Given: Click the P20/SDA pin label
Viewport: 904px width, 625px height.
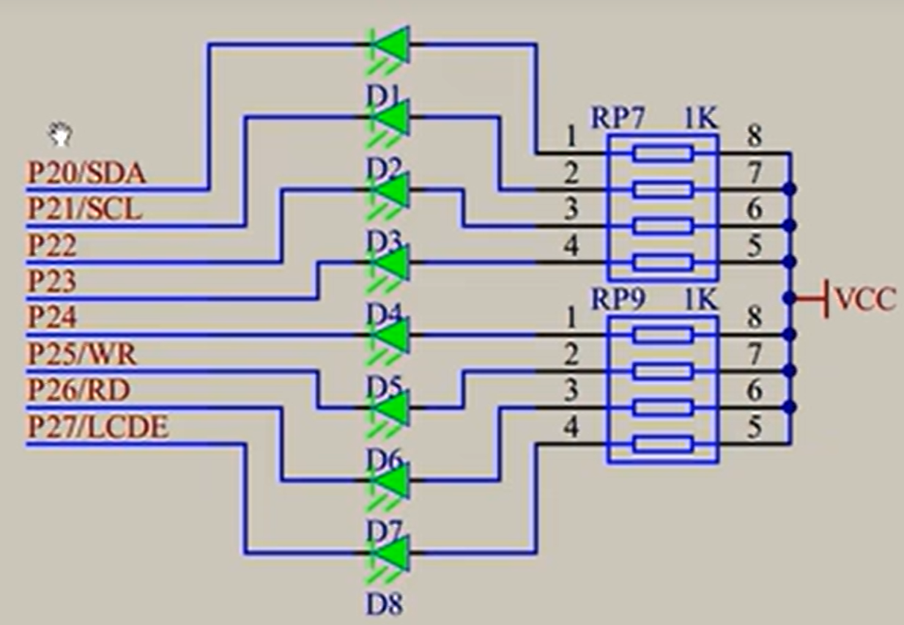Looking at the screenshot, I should [x=86, y=173].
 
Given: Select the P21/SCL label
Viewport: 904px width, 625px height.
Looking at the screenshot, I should [x=84, y=210].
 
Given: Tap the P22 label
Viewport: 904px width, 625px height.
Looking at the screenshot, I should [x=51, y=246].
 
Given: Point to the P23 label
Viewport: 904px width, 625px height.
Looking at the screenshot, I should [x=51, y=281].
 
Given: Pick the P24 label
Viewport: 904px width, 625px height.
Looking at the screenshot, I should [x=51, y=317].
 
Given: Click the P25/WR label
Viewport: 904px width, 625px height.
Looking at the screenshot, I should [x=81, y=354].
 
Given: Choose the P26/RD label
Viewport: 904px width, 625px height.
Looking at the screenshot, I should [x=78, y=390].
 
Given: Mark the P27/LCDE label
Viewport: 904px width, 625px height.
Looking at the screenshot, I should [x=97, y=426].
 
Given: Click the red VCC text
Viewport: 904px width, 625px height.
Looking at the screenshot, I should [x=865, y=299].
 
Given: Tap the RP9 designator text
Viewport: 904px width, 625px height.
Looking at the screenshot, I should [x=618, y=300].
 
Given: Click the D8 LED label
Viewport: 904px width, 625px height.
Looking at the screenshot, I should [x=385, y=605].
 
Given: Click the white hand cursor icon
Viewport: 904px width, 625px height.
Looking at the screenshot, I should [x=60, y=135].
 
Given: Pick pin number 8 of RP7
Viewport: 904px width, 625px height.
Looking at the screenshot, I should [x=754, y=136].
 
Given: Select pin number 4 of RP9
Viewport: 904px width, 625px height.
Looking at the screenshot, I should [x=571, y=426].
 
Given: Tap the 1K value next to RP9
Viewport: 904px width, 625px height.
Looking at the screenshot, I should [x=700, y=300].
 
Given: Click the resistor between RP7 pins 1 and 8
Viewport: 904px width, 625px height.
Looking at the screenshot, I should [x=663, y=153].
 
